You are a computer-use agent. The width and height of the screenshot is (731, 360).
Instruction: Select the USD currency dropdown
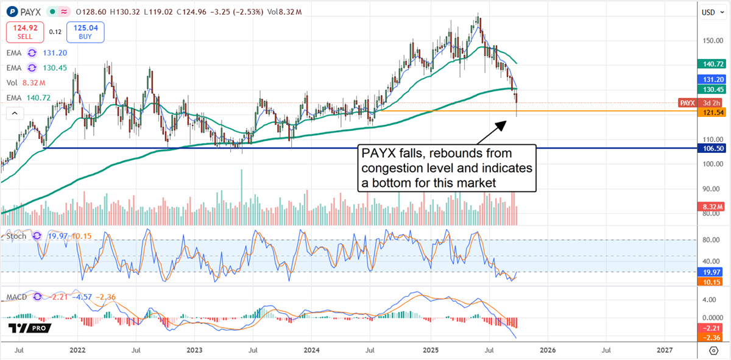click(x=708, y=12)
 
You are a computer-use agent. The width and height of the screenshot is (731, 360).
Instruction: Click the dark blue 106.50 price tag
click(x=713, y=148)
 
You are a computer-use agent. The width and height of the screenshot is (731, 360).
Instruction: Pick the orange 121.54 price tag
click(x=713, y=111)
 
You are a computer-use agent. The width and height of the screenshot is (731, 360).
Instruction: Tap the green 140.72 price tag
click(x=713, y=63)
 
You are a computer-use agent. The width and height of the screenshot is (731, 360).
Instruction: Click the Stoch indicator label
click(x=16, y=236)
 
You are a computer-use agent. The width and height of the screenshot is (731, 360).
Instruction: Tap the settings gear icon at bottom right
click(x=713, y=350)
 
